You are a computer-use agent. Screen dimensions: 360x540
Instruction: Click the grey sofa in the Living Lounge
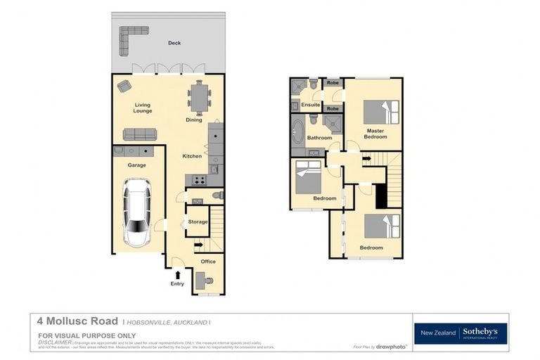(x=139, y=134)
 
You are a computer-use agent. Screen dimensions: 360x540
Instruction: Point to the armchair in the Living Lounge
(x=124, y=86)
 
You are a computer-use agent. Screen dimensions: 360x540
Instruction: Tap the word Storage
(x=198, y=222)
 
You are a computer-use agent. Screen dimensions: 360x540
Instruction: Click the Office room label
(x=208, y=262)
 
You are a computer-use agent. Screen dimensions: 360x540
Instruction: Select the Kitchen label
(x=192, y=155)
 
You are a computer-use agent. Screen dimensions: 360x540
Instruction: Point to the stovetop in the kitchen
(x=199, y=180)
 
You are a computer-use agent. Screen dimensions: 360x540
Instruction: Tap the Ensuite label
(x=310, y=105)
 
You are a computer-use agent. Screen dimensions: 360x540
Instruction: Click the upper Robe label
(x=332, y=83)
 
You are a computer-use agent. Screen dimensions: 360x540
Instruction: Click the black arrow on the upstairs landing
(x=366, y=158)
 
